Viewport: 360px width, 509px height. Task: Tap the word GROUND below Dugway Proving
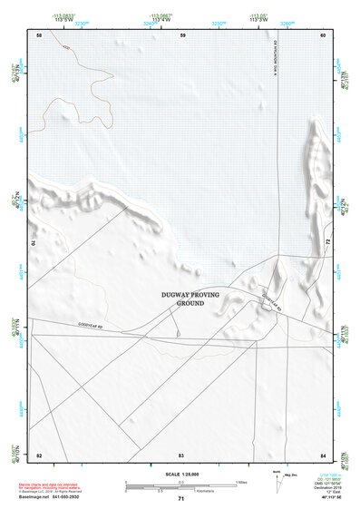(x=186, y=302)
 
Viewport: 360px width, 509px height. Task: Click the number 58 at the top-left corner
(x=39, y=34)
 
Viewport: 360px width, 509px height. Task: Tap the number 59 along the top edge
(x=183, y=34)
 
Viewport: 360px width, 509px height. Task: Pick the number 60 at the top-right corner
(x=323, y=34)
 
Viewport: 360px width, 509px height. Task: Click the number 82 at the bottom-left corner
(x=39, y=454)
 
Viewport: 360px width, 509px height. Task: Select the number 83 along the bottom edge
(x=181, y=454)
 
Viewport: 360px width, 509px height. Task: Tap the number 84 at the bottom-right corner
(x=323, y=454)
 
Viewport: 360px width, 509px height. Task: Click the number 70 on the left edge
(x=36, y=243)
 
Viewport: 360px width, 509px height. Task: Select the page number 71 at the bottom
(x=181, y=499)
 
